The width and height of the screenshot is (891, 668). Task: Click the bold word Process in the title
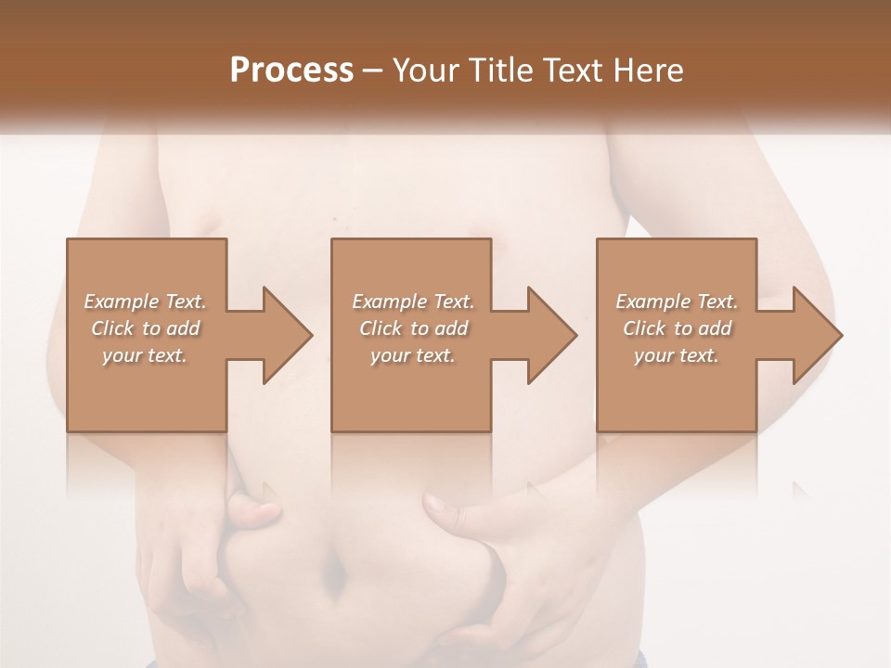click(x=291, y=70)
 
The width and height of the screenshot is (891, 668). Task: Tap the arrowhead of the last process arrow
click(x=818, y=335)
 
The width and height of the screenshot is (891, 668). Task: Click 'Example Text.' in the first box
click(x=146, y=302)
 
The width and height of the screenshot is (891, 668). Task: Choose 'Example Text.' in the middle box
click(x=413, y=302)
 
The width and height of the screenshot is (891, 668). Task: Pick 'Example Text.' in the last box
click(x=677, y=302)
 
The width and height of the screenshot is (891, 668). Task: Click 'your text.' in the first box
click(x=146, y=355)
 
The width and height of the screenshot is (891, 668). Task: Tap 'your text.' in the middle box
click(x=413, y=355)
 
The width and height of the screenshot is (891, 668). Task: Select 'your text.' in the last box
click(x=677, y=355)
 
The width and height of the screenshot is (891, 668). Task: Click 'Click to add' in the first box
click(x=146, y=328)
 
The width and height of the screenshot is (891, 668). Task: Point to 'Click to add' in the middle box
click(x=413, y=328)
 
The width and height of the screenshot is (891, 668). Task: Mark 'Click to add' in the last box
click(x=677, y=328)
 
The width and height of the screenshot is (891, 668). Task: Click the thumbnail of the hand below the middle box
click(x=434, y=504)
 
